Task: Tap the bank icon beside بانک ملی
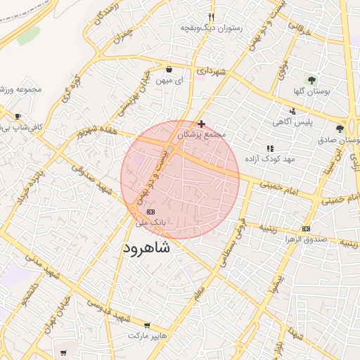click(x=150, y=211)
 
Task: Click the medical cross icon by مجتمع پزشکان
click(x=202, y=123)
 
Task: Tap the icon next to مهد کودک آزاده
click(x=270, y=148)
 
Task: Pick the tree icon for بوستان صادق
click(x=340, y=129)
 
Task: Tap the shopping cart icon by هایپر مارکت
click(x=146, y=326)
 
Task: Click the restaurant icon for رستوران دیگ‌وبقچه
click(x=211, y=18)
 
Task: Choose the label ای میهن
click(x=169, y=81)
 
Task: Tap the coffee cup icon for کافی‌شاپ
click(x=18, y=117)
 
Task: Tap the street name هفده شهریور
click(x=95, y=131)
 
